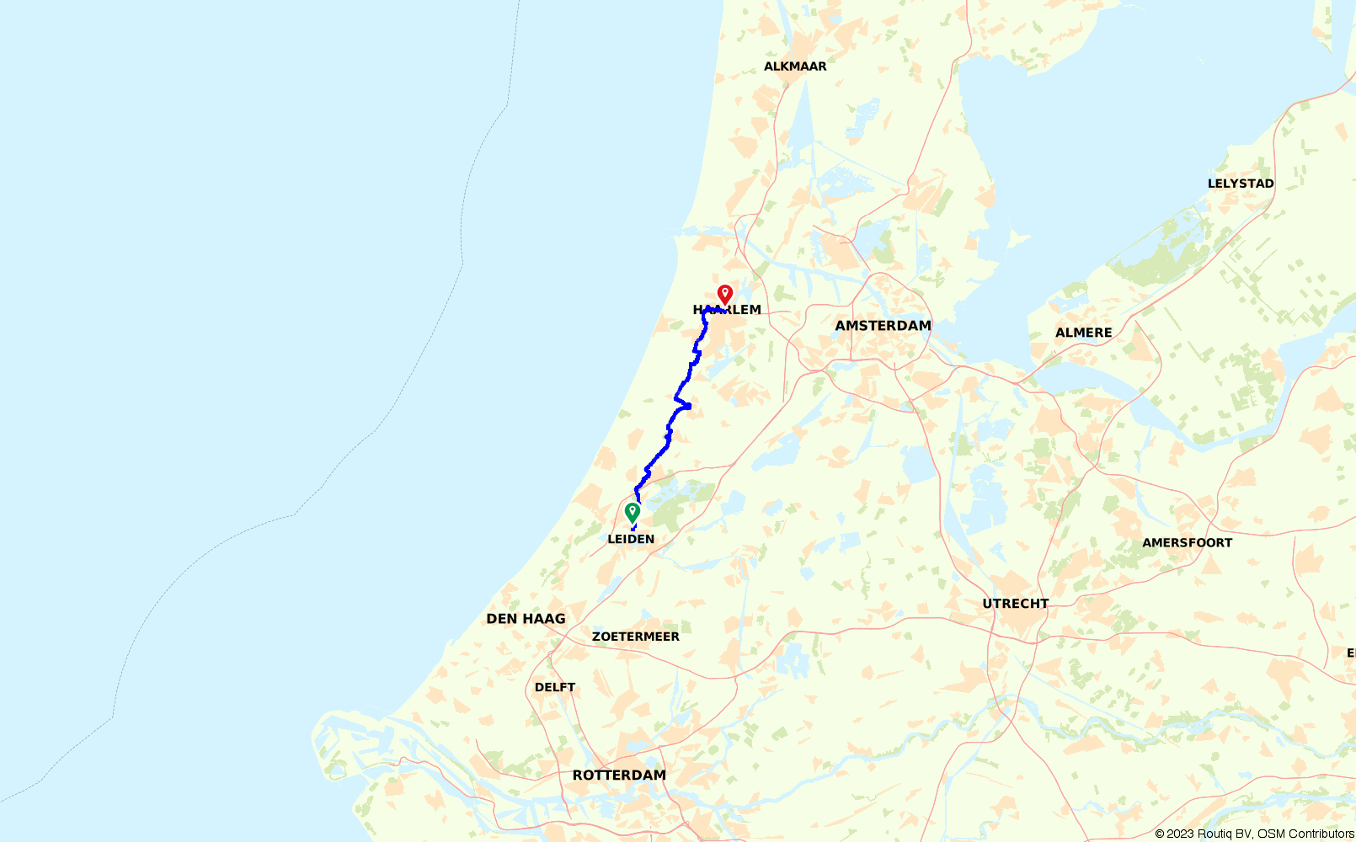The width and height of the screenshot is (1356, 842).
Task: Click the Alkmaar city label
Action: click(795, 67)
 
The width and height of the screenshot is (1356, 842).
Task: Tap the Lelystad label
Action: click(1241, 184)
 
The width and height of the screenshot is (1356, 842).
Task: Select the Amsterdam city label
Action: click(883, 326)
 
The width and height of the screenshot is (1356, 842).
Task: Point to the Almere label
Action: click(1084, 333)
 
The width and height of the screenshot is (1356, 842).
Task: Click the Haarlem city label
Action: click(727, 310)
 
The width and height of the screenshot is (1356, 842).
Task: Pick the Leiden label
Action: click(631, 539)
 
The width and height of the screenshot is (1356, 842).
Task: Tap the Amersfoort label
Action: click(1187, 543)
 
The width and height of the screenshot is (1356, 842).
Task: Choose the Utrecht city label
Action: click(1016, 604)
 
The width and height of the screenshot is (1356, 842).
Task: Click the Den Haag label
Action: click(526, 619)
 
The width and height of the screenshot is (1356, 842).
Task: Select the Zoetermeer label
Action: click(636, 637)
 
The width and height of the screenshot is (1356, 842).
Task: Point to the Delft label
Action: click(555, 687)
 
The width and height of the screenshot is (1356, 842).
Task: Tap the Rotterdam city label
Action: click(619, 775)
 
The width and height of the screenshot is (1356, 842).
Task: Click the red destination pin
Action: click(724, 294)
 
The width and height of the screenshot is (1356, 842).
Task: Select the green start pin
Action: click(632, 511)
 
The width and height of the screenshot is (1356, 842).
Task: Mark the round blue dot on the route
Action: click(688, 407)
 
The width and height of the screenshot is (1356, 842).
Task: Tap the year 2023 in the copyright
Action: click(1181, 834)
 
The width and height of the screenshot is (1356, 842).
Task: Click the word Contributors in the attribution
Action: click(1322, 834)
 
